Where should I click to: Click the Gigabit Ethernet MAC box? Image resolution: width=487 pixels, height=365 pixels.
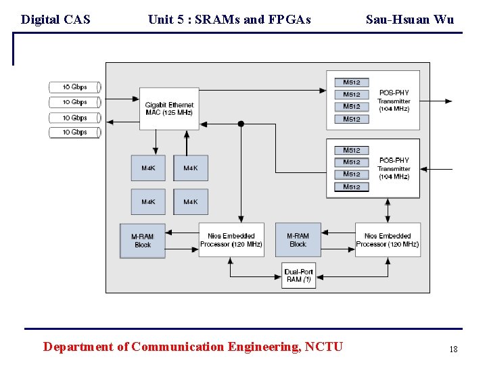(169, 108)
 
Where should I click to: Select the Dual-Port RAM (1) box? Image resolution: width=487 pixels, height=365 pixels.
(298, 275)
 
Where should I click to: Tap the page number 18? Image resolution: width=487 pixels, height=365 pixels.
(453, 349)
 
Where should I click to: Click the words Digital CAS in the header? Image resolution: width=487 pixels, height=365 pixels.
(55, 20)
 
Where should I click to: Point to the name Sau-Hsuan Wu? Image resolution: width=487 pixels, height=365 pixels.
(410, 20)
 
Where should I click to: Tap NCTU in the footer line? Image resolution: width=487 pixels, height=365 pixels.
(324, 347)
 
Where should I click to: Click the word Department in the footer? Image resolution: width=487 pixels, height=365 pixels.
(77, 347)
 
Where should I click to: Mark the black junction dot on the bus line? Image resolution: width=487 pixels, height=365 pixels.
(241, 124)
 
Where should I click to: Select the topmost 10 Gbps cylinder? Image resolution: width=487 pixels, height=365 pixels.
(75, 87)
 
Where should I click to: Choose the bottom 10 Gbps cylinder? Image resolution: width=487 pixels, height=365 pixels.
(75, 132)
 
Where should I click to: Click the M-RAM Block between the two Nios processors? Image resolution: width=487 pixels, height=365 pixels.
(298, 240)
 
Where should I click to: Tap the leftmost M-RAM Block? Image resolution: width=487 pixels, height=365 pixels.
(142, 241)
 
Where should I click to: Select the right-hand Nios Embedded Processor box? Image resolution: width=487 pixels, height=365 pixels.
(388, 240)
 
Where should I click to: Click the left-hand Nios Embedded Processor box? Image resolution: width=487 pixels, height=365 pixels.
(231, 240)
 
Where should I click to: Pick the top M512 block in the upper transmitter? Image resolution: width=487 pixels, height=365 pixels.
(352, 82)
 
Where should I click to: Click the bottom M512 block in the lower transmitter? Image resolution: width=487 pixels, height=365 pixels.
(352, 187)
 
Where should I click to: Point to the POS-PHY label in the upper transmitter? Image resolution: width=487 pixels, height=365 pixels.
(394, 93)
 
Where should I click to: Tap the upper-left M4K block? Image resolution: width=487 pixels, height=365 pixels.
(148, 168)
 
